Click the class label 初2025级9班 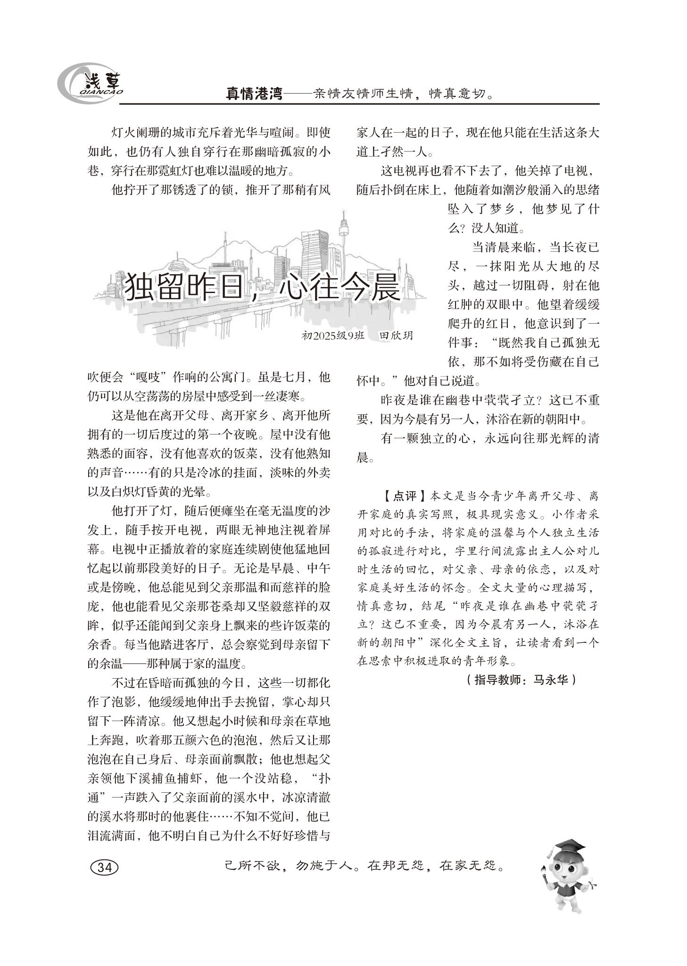333,336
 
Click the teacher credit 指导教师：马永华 520,680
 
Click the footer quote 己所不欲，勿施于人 288,866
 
